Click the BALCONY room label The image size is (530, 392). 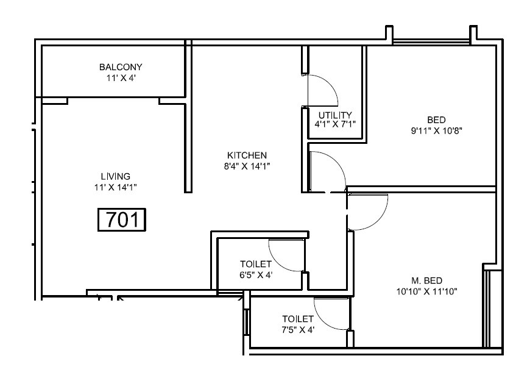pos(120,67)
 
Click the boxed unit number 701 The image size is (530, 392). pos(122,219)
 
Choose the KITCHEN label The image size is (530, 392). pos(247,155)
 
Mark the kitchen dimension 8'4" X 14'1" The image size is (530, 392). pos(247,166)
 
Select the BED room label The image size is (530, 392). pos(435,119)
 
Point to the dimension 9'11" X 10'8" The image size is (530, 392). pos(435,130)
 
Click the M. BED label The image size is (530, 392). pos(426,280)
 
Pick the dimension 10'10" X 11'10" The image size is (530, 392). pos(426,291)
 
